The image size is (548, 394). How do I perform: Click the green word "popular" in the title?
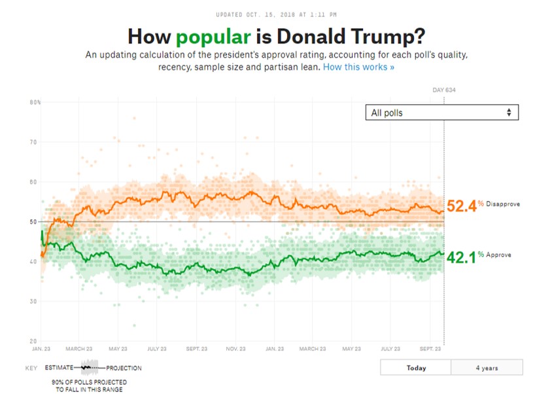213,36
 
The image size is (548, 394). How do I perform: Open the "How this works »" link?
358,67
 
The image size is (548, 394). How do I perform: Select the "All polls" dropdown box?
441,113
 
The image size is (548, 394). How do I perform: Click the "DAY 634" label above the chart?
444,90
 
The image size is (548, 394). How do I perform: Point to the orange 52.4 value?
460,205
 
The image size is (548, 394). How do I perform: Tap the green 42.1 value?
460,256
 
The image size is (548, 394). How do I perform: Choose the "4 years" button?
487,367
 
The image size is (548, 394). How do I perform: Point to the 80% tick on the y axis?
35,102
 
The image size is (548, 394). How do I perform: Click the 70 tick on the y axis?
33,142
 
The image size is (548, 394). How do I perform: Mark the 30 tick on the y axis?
33,301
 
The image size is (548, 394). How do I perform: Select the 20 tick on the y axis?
33,341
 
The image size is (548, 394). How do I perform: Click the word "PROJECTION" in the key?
124,368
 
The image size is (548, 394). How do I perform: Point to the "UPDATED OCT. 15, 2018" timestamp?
274,14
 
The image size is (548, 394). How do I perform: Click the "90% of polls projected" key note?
90,385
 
